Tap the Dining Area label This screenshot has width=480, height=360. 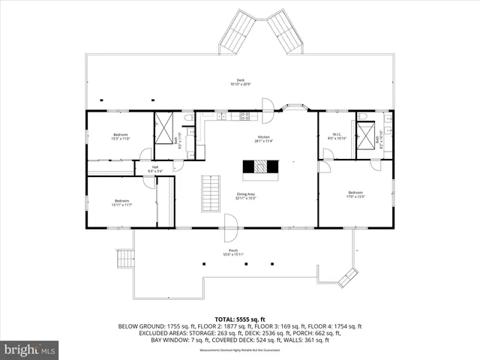pyautogui.click(x=246, y=196)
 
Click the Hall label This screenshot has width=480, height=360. pyautogui.click(x=154, y=169)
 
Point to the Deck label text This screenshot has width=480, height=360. pyautogui.click(x=240, y=82)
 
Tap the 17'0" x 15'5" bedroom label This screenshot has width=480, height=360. pyautogui.click(x=355, y=196)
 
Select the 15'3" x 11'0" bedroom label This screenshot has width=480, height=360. pyautogui.click(x=121, y=136)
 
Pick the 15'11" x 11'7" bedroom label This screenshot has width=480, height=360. pyautogui.click(x=122, y=202)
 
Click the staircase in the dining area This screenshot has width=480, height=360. pyautogui.click(x=212, y=193)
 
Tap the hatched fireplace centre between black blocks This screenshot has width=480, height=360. pyautogui.click(x=259, y=167)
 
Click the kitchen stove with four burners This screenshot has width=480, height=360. pyautogui.click(x=244, y=116)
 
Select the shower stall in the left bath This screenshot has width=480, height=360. pyautogui.click(x=165, y=122)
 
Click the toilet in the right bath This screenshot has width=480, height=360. pyautogui.click(x=363, y=117)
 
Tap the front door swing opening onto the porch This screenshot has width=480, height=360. pyautogui.click(x=231, y=222)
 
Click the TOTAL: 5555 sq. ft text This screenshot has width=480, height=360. pyautogui.click(x=240, y=319)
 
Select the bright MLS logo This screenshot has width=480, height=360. pyautogui.click(x=30, y=349)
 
